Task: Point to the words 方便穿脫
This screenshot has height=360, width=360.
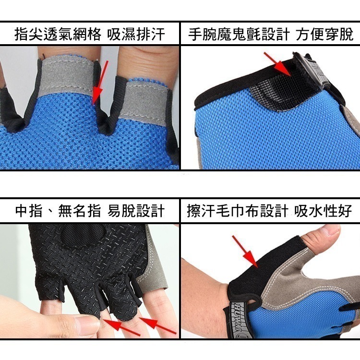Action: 324,34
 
